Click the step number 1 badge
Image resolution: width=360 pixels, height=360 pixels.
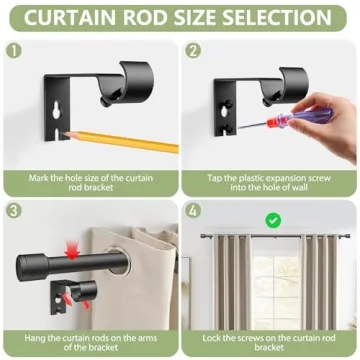coord(13,49)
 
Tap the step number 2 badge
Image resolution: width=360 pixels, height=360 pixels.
coord(194,49)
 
